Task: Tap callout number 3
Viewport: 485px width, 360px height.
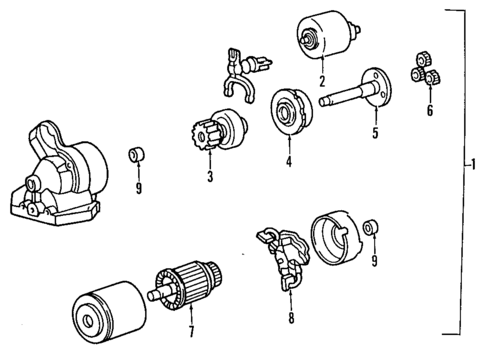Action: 210,177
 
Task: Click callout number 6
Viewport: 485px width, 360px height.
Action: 429,111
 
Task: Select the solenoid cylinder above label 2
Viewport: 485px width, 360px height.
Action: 321,38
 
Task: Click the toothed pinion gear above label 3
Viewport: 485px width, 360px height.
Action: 208,132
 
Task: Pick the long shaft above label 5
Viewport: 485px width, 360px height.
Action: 355,95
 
